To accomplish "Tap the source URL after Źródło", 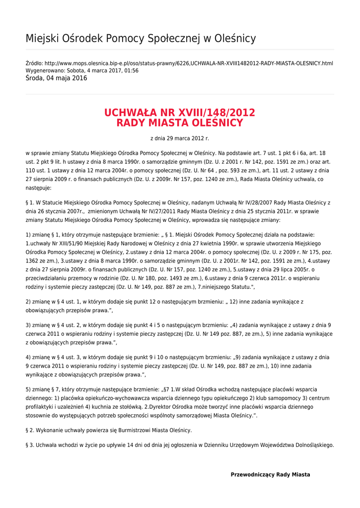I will (189, 63).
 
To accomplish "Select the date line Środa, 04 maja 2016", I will (56, 78).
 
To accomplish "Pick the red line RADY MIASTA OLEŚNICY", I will (180, 123).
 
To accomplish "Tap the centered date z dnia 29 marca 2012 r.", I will (180, 138).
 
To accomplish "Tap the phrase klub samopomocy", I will (271, 398).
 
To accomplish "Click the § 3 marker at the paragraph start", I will (29, 445).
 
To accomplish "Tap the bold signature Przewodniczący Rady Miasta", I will (270, 475).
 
